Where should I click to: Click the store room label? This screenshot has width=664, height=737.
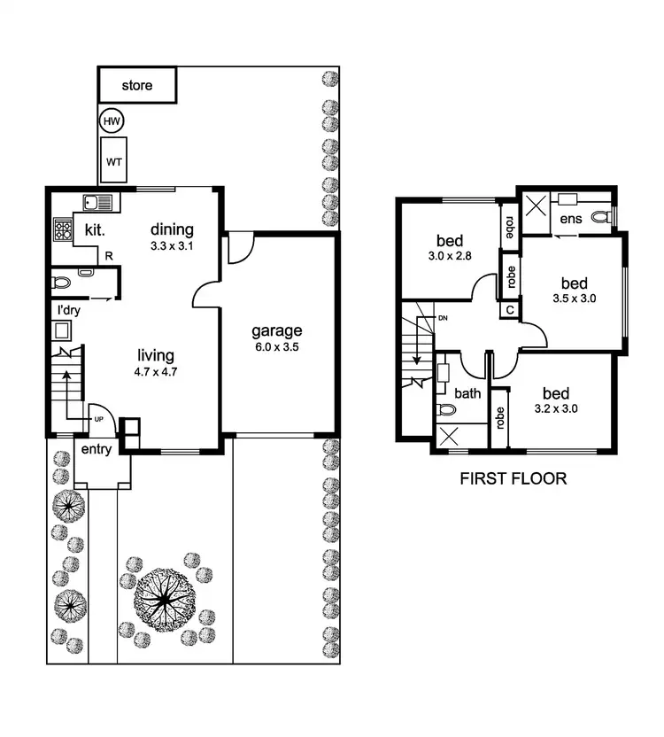point(137,86)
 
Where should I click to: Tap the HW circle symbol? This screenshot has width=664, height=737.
point(111,121)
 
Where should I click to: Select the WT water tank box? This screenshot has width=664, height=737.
point(114,162)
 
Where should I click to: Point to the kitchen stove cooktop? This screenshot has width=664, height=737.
point(64,230)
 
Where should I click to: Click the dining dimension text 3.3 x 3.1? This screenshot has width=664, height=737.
point(171,246)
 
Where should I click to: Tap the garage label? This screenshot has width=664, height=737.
point(277,331)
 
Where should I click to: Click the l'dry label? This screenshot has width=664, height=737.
point(69,310)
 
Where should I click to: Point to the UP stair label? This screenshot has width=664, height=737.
point(99,419)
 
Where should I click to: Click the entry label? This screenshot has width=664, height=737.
point(96,449)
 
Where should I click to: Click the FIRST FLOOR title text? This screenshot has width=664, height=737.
point(513,479)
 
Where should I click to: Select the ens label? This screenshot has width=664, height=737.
point(569,219)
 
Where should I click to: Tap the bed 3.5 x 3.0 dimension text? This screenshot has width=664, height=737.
point(574,299)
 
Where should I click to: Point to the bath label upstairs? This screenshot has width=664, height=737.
point(467,393)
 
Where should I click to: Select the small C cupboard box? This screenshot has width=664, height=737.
point(509,310)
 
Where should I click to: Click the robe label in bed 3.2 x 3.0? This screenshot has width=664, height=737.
point(500,417)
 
